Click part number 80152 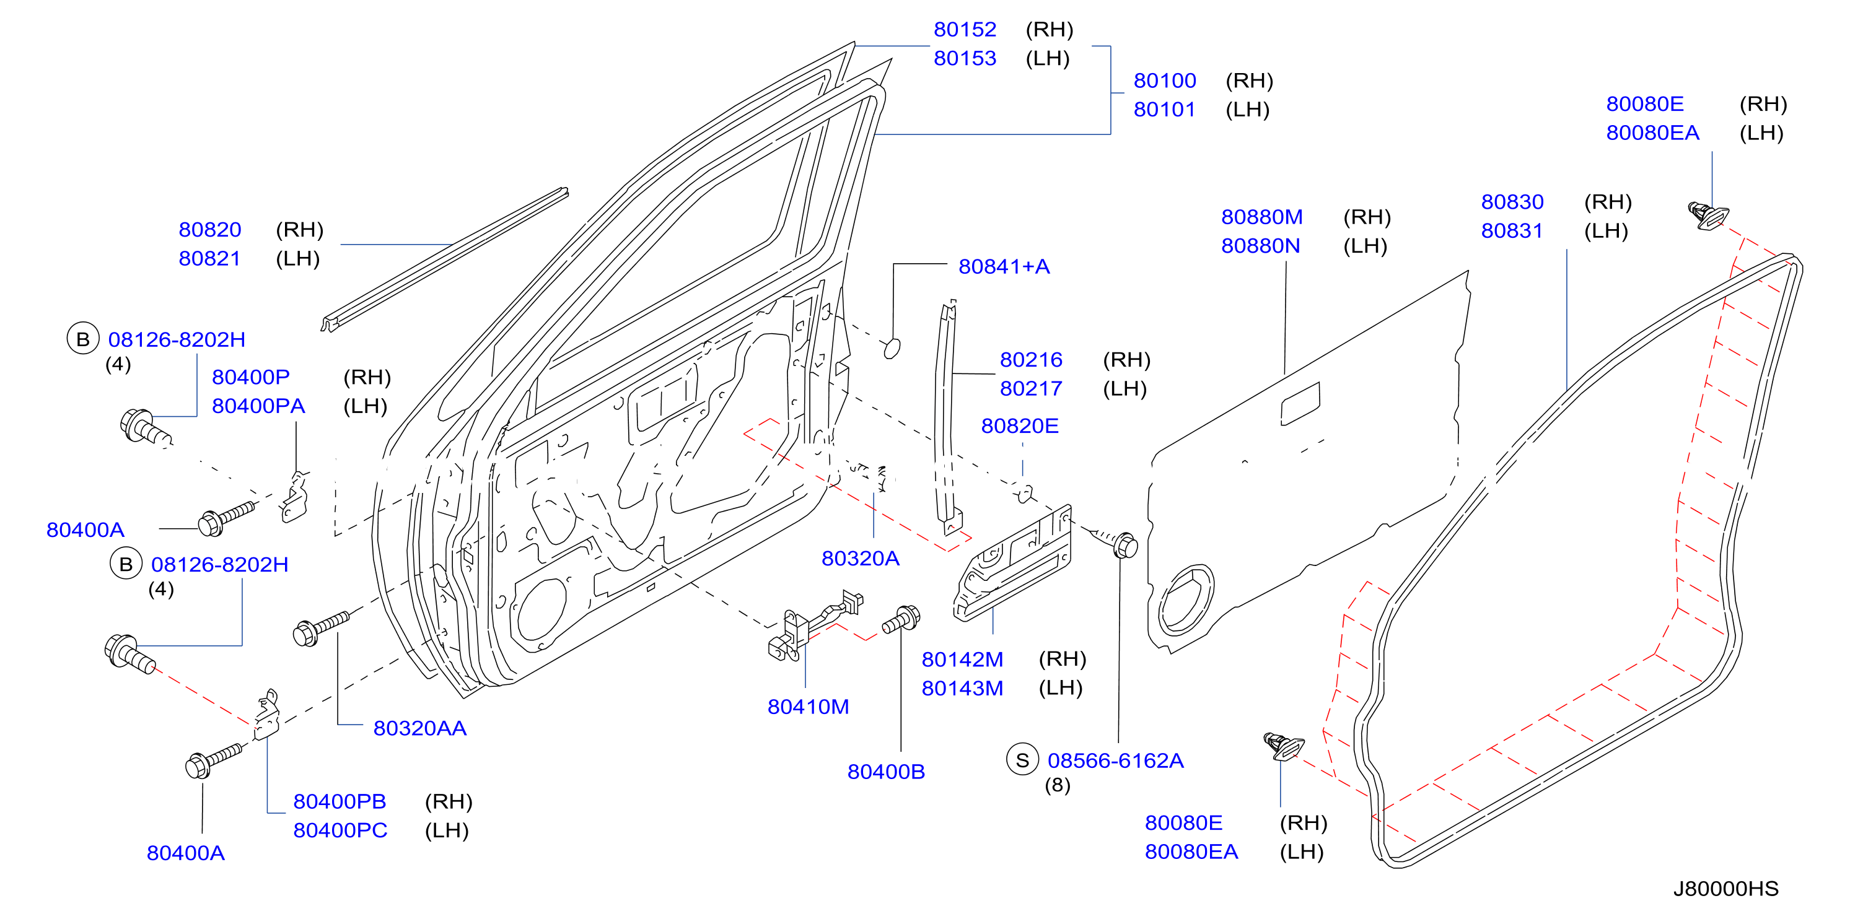click(965, 30)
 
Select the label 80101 click(1164, 110)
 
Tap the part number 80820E click(1020, 426)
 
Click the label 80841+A click(1004, 266)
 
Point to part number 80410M click(808, 707)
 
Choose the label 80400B click(885, 772)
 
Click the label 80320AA click(419, 728)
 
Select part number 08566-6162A click(1115, 760)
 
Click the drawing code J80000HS click(1725, 889)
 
